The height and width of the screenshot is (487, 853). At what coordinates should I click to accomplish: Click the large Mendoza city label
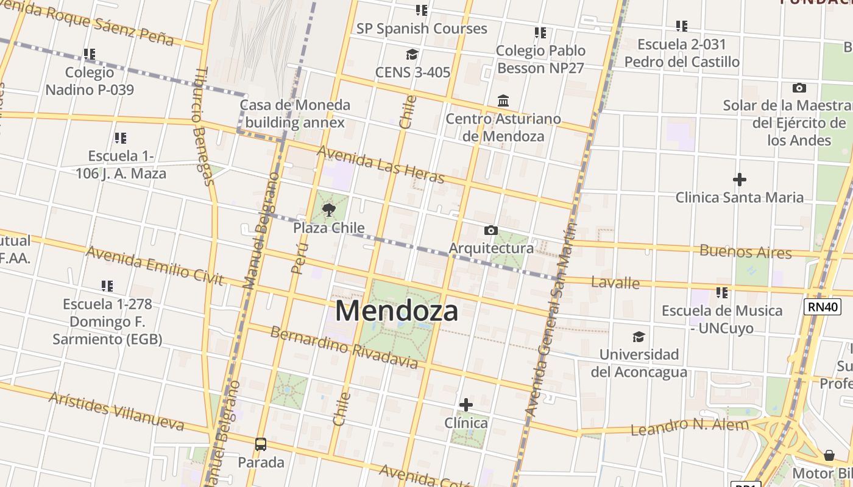tap(397, 311)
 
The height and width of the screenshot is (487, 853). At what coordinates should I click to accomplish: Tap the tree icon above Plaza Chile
tap(329, 211)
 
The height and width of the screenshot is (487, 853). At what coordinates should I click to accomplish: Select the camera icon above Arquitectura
tap(490, 230)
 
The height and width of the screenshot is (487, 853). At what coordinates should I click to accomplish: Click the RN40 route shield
tap(823, 306)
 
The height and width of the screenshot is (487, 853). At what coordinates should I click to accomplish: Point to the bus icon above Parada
tap(261, 444)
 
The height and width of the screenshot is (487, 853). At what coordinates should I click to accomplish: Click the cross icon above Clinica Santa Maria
tap(739, 180)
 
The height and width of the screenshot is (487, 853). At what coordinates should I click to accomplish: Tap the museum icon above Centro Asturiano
tap(503, 100)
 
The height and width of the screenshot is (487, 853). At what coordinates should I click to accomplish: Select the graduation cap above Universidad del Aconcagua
tap(639, 337)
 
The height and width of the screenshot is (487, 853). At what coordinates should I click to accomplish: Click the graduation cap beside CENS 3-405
tap(412, 55)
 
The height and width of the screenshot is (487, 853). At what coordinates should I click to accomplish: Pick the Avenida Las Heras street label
tap(381, 164)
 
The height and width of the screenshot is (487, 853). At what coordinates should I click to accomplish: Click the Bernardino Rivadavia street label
tap(344, 348)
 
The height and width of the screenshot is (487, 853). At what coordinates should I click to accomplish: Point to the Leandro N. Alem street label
tap(689, 426)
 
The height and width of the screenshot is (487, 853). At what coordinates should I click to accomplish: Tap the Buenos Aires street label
tap(745, 251)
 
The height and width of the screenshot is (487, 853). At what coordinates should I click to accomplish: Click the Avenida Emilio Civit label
tap(154, 265)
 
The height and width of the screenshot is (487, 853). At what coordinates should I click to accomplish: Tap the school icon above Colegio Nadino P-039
tap(90, 54)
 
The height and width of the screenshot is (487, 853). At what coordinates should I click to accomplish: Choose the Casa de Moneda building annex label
tap(295, 113)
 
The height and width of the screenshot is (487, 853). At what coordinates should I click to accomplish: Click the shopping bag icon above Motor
tap(829, 455)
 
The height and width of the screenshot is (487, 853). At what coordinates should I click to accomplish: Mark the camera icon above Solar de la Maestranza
tap(799, 88)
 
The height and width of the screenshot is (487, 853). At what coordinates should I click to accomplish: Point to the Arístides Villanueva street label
tap(116, 411)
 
